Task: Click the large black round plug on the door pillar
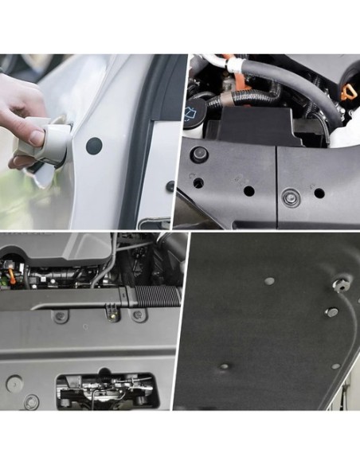[94, 146]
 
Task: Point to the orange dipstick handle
[348, 92]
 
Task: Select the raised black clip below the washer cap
[200, 153]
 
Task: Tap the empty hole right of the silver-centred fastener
[319, 193]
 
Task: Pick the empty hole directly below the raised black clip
[198, 182]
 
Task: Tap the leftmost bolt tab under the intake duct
[61, 316]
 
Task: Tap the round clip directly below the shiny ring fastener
[332, 312]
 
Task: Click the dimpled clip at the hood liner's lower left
[225, 366]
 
